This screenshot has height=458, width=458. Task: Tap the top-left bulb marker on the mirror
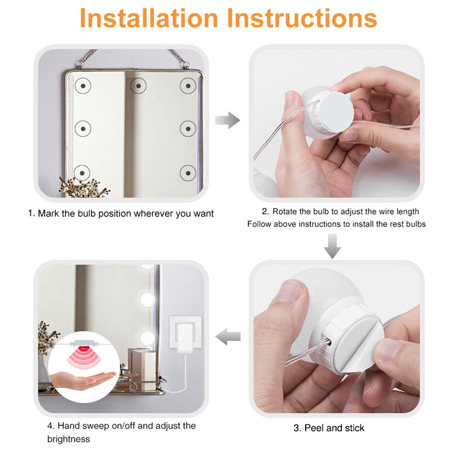pos(84,86)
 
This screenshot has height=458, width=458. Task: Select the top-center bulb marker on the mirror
pos(138,86)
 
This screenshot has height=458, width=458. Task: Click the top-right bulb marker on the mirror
pos(188,86)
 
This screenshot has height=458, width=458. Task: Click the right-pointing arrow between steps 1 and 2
pos(227,120)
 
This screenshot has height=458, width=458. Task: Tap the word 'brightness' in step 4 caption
pos(69,439)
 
